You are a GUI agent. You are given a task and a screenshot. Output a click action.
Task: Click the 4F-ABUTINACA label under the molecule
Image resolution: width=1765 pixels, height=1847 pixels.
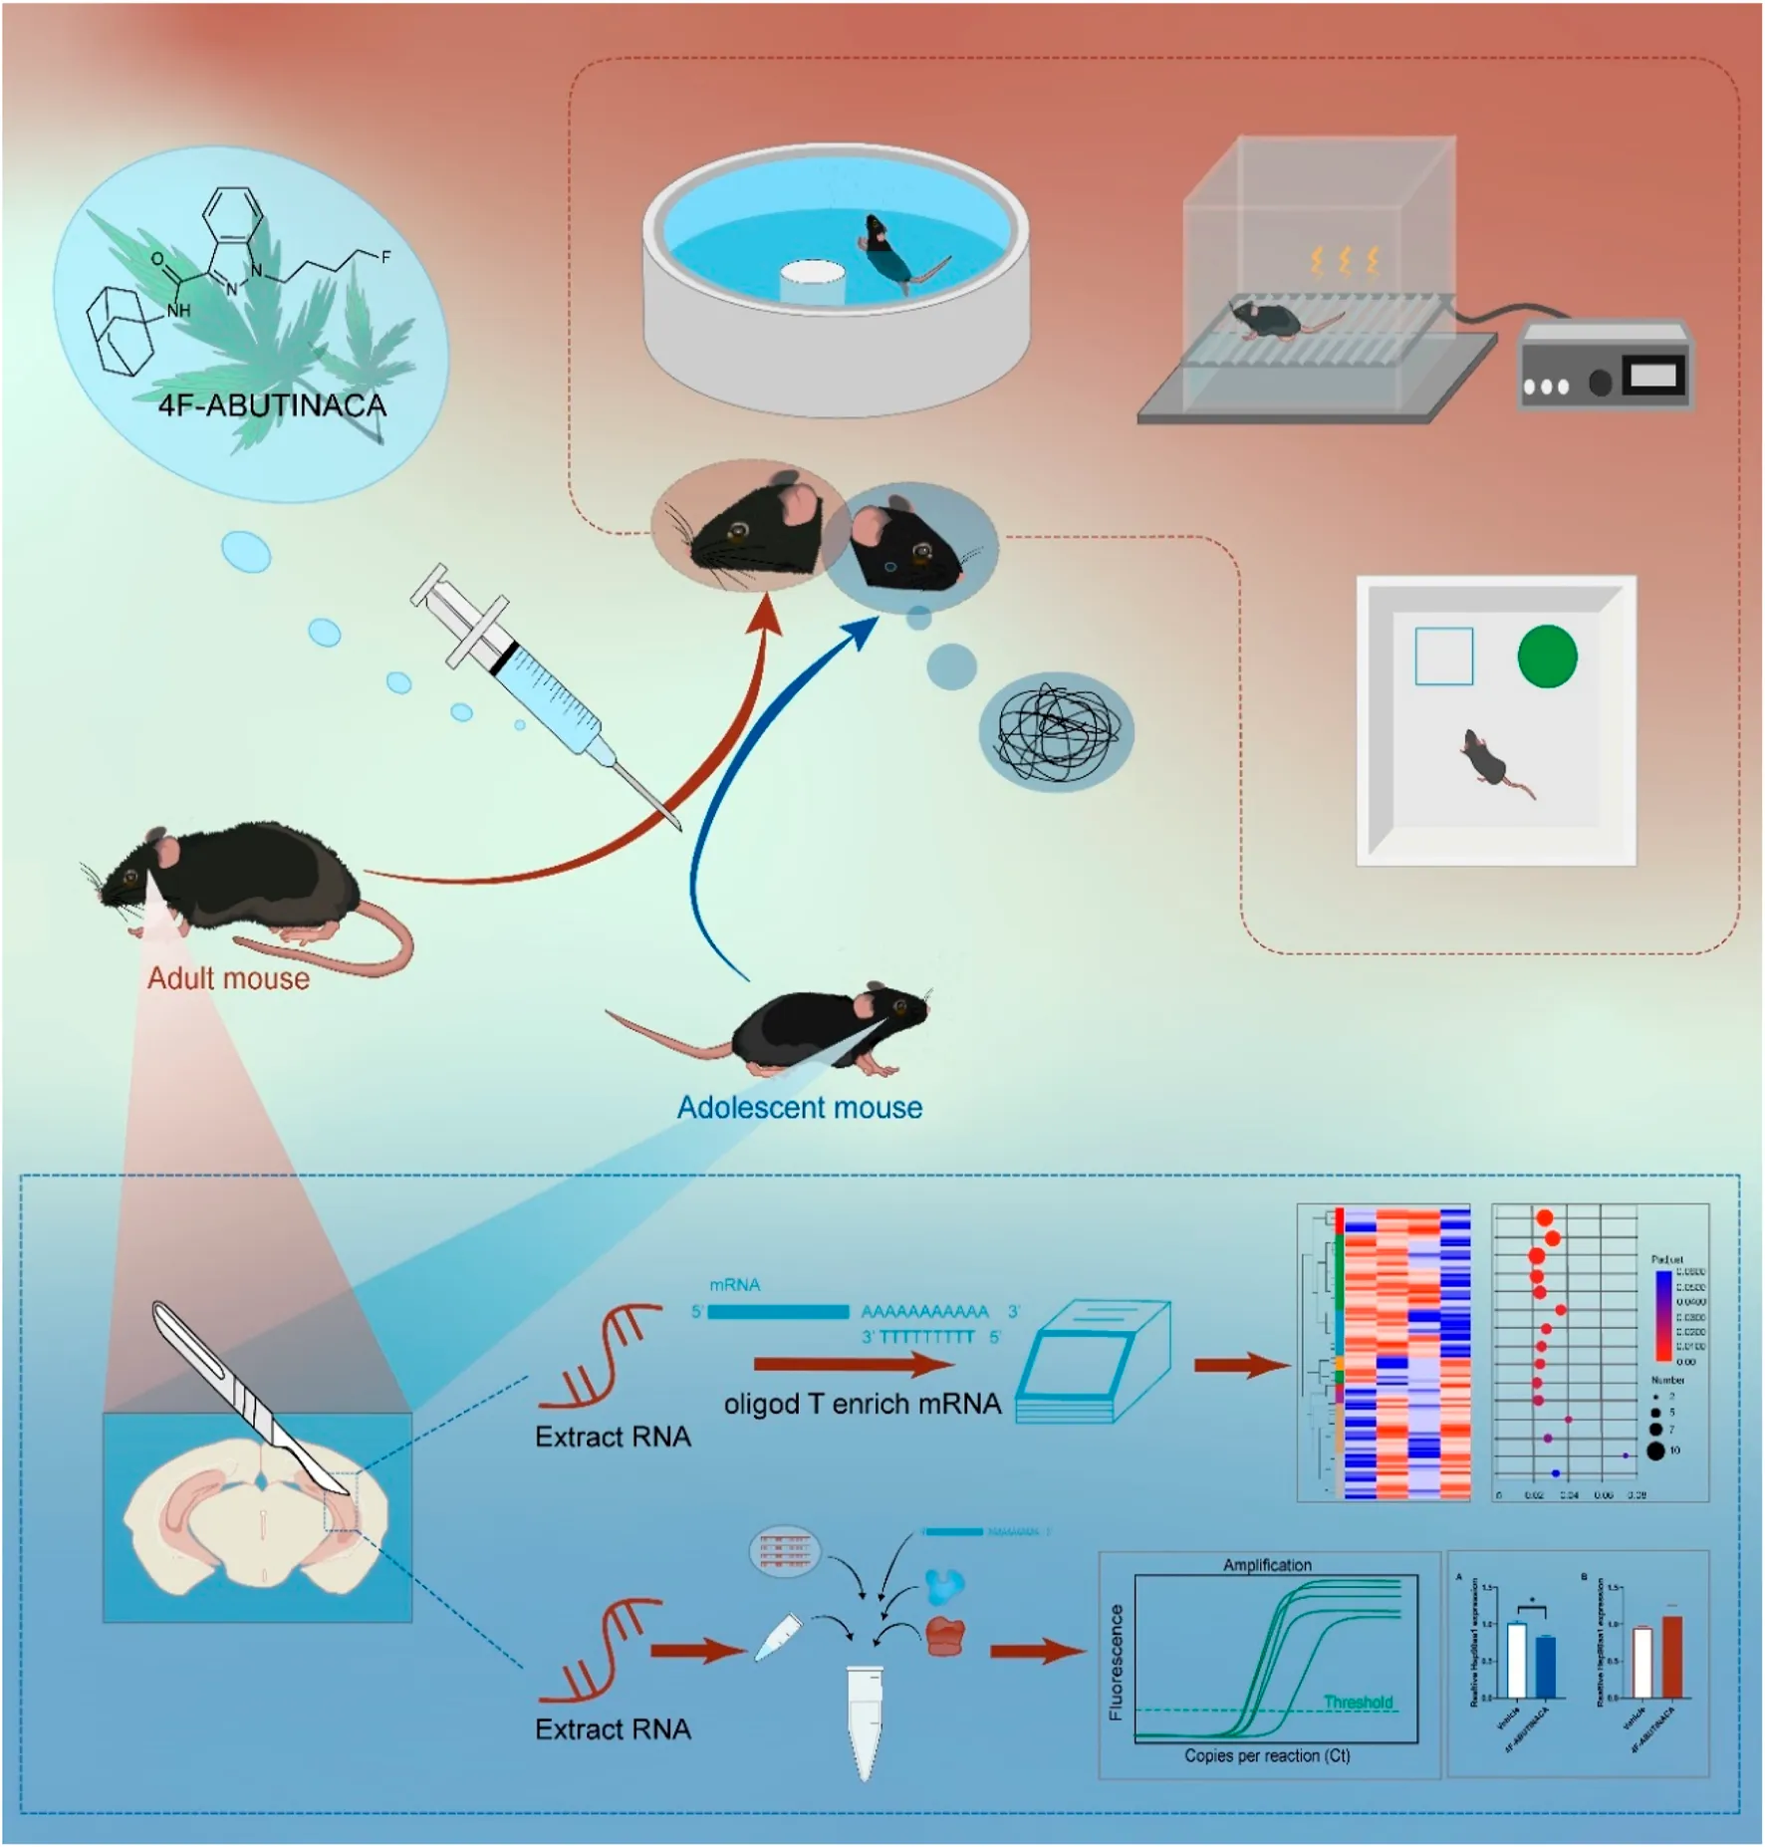(272, 405)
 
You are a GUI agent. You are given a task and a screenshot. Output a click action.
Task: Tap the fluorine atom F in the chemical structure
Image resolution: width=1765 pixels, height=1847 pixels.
(385, 257)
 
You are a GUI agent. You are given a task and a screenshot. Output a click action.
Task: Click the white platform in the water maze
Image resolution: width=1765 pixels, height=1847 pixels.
(812, 283)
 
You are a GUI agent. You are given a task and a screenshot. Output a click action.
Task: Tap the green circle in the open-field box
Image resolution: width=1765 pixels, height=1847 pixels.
(1547, 657)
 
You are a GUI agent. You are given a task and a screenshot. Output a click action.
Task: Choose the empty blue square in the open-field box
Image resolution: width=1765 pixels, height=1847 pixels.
(1443, 657)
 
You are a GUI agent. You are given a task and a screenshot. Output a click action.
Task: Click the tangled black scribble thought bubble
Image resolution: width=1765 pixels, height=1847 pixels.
(1057, 732)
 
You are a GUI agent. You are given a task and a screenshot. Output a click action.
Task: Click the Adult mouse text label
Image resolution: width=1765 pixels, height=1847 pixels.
(228, 978)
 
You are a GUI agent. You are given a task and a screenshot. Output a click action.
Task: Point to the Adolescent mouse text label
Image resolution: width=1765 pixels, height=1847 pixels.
(800, 1108)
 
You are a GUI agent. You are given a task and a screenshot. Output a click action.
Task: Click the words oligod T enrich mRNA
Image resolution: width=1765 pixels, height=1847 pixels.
(863, 1404)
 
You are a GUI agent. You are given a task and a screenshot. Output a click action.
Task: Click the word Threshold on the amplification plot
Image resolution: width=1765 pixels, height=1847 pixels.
(1358, 1702)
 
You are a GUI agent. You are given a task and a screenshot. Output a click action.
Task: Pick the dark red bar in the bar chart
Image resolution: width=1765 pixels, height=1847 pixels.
(1672, 1656)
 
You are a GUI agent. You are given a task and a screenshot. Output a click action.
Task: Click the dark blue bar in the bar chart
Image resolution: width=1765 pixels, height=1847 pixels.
(1545, 1666)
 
